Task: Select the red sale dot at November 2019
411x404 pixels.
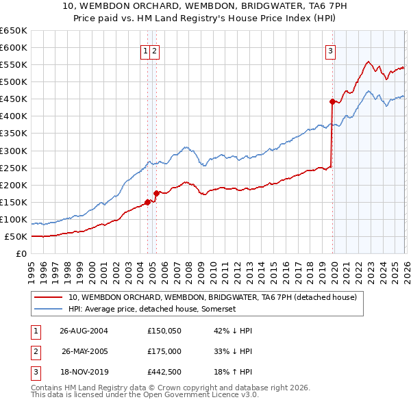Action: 332,101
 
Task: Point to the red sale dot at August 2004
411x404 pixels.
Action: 147,201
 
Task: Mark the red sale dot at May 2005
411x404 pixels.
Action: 156,193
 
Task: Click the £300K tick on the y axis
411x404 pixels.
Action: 13,151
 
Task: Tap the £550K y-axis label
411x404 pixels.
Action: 13,64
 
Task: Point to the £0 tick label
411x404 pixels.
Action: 20,254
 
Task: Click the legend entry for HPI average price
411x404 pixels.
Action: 152,310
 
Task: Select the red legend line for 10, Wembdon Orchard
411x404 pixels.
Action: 48,298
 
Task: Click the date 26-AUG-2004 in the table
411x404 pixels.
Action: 84,331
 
